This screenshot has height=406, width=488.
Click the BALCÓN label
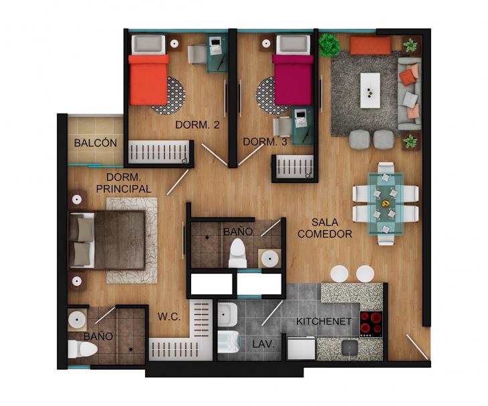tap(96, 143)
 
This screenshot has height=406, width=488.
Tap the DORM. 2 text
tap(197, 125)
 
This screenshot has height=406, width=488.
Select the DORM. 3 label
tap(265, 142)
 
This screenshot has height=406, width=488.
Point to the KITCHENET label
tap(324, 321)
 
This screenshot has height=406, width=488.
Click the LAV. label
tap(263, 344)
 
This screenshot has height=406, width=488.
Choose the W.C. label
tap(169, 317)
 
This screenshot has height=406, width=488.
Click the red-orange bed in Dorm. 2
tap(149, 80)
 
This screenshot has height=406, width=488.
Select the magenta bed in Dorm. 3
tap(293, 80)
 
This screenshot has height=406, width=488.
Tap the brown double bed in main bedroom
tap(107, 239)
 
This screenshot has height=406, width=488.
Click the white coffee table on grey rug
tap(370, 90)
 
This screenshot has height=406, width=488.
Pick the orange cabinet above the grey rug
tap(370, 45)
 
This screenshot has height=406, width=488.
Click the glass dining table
tap(386, 204)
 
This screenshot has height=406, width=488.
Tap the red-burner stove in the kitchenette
tap(371, 324)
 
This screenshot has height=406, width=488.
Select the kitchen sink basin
tap(350, 347)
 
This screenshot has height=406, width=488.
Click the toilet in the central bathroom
tap(238, 253)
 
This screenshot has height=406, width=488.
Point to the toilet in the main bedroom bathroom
tap(82, 349)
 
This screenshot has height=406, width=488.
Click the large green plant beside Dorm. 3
tap(330, 45)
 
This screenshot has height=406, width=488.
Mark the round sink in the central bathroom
tap(269, 258)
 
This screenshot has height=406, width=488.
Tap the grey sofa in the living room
tap(410, 93)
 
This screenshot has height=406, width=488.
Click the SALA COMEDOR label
tap(325, 228)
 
